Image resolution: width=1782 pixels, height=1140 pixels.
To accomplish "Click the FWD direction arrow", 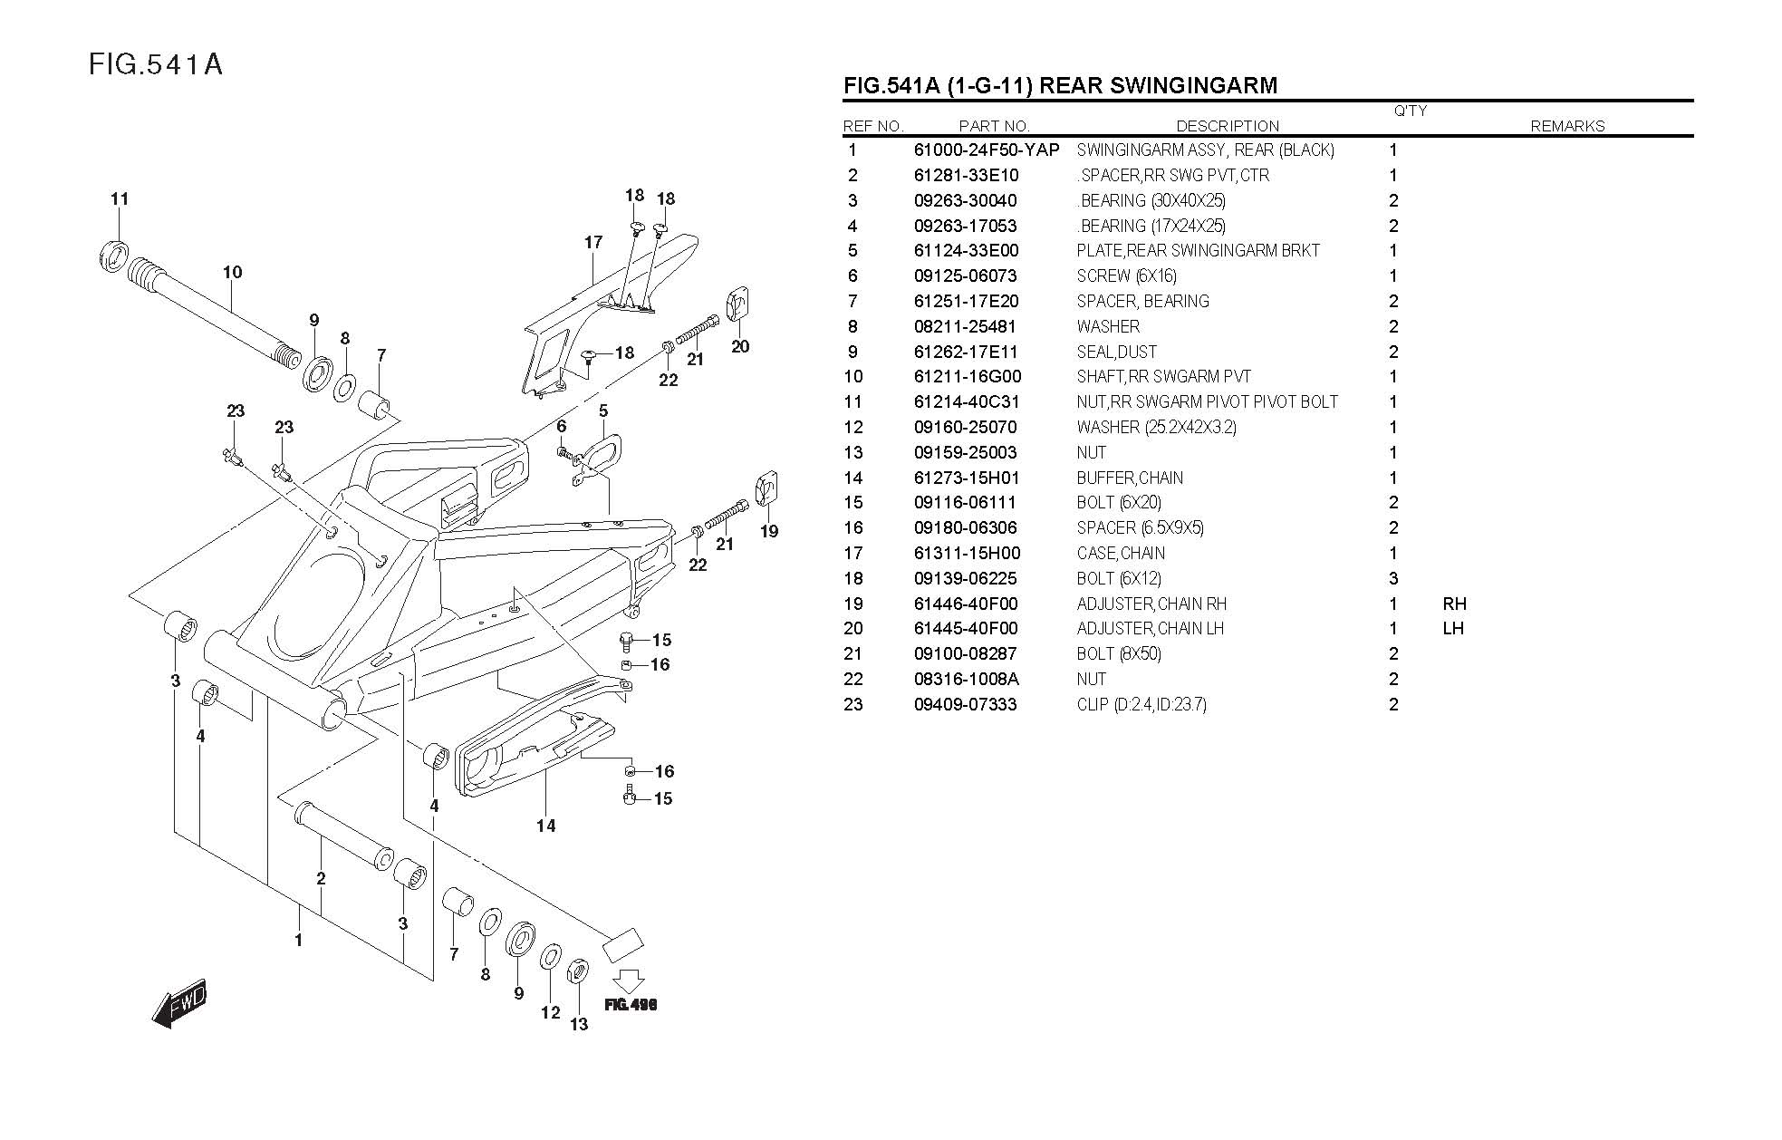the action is click(x=180, y=1003).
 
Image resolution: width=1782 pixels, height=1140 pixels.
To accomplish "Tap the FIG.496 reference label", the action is click(x=630, y=1004).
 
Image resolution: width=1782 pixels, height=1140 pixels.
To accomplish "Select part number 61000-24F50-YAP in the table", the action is click(x=986, y=150).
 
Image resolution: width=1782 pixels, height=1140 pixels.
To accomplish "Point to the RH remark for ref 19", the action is click(x=1454, y=604).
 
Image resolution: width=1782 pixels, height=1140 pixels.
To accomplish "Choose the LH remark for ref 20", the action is click(x=1453, y=628).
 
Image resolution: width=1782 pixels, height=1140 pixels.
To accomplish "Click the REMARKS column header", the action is click(x=1567, y=126).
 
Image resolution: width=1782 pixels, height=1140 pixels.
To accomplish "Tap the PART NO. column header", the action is click(x=994, y=126).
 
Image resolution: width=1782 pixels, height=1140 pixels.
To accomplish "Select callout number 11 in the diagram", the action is click(x=120, y=199).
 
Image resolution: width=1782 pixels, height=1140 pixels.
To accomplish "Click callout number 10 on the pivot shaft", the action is click(x=233, y=272).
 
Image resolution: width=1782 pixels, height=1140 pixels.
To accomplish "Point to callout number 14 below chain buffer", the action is click(x=545, y=826).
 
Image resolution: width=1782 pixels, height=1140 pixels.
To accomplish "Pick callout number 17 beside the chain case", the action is click(x=593, y=242).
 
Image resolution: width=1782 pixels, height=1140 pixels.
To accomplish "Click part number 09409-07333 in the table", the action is click(x=965, y=704).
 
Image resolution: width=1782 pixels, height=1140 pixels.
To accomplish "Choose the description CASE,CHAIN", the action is click(x=1121, y=553).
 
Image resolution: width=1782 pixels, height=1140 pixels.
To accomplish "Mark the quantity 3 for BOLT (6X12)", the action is click(x=1393, y=578).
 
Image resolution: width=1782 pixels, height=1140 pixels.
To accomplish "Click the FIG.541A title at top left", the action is click(x=156, y=64).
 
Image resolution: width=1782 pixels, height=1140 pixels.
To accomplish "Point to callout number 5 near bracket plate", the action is click(x=603, y=411).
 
